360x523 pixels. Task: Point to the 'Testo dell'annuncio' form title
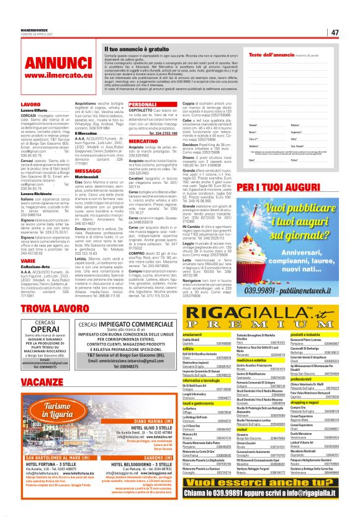[x=274, y=55]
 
